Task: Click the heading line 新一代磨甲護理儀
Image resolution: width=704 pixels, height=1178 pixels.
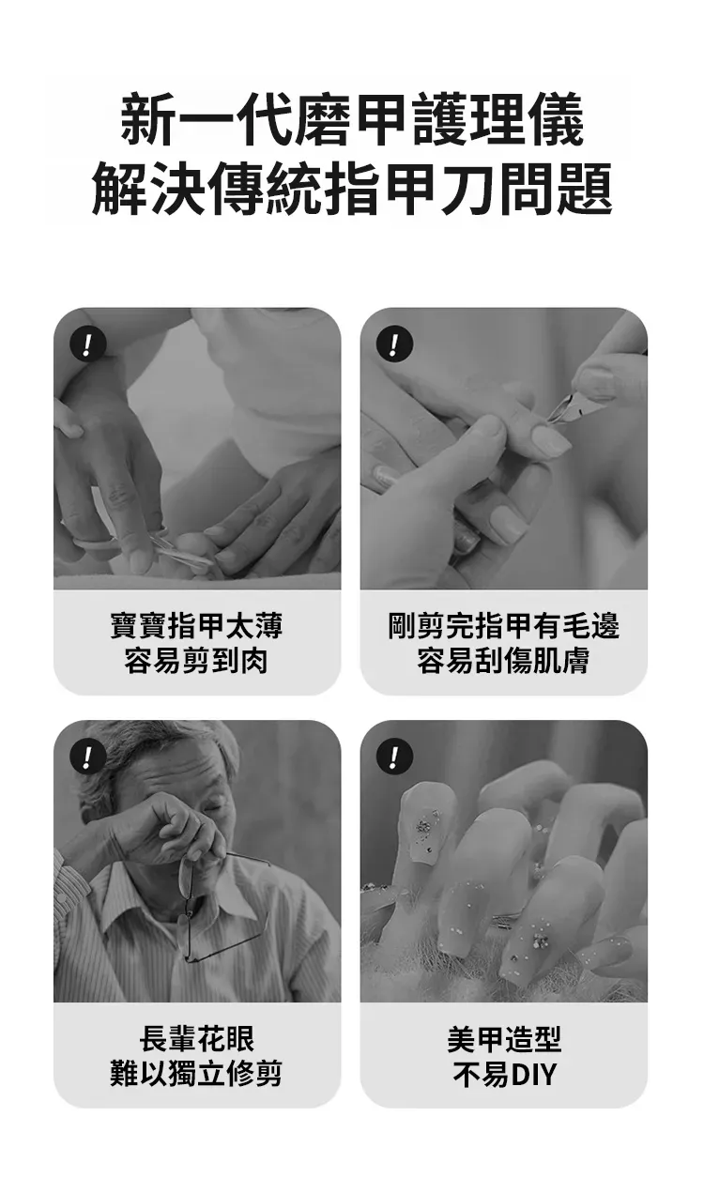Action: pos(352,119)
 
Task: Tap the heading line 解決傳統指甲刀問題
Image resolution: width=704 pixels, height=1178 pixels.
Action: pos(352,189)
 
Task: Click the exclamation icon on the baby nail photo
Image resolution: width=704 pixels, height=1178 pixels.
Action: pos(88,344)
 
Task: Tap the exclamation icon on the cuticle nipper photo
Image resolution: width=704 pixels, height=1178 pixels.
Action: pos(394,344)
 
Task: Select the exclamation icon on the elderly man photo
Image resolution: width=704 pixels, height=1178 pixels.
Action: pos(88,757)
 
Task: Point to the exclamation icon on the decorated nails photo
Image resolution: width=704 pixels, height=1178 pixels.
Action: pos(394,757)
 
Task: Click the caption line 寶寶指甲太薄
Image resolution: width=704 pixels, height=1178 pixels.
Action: pos(196,625)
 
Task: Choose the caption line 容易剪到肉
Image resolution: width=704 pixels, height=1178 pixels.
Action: pos(196,661)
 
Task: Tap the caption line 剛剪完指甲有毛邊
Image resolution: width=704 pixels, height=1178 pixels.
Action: pos(504,625)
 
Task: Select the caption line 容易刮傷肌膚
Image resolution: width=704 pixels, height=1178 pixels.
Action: pos(504,661)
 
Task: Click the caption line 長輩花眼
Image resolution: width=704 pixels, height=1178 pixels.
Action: pos(196,1038)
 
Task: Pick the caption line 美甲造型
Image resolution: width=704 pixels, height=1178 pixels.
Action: pos(504,1038)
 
